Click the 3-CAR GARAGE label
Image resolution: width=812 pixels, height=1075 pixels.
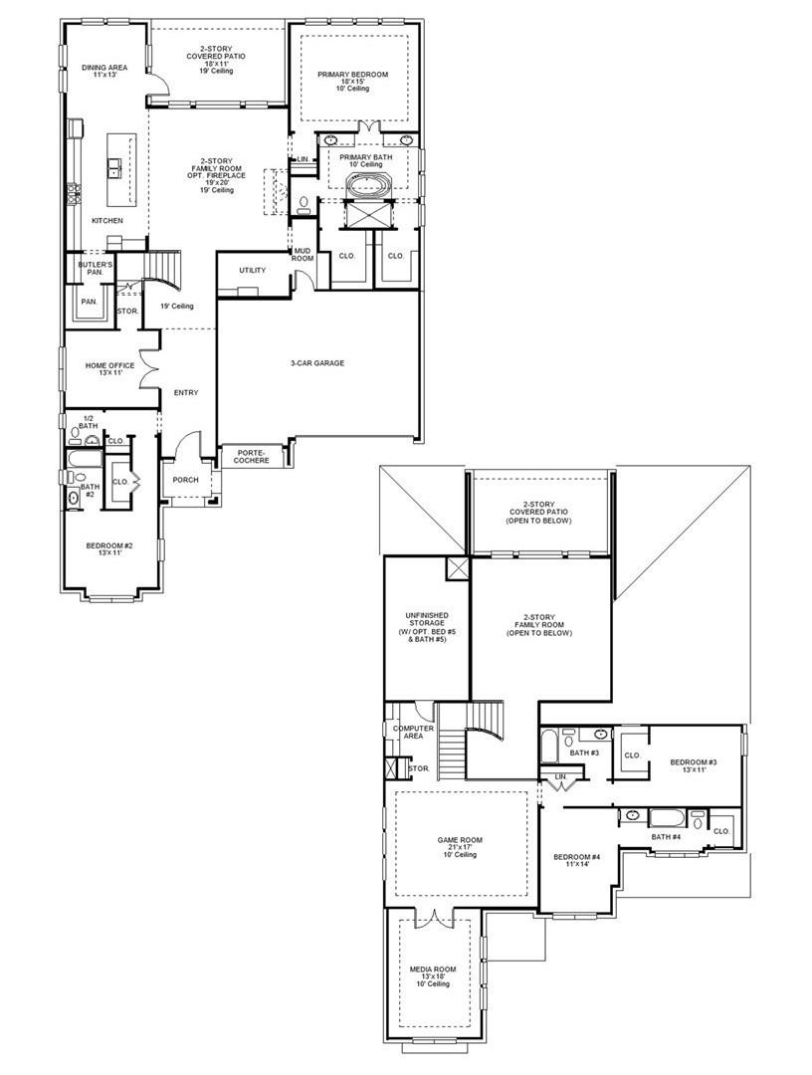tap(317, 363)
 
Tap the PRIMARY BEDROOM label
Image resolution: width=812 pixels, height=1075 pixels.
tap(352, 75)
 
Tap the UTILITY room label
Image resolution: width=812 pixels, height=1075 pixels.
tap(252, 270)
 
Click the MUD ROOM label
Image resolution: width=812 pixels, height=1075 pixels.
tap(302, 255)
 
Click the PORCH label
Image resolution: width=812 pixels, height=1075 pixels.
tap(185, 480)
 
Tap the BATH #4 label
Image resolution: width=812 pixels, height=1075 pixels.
tap(666, 837)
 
